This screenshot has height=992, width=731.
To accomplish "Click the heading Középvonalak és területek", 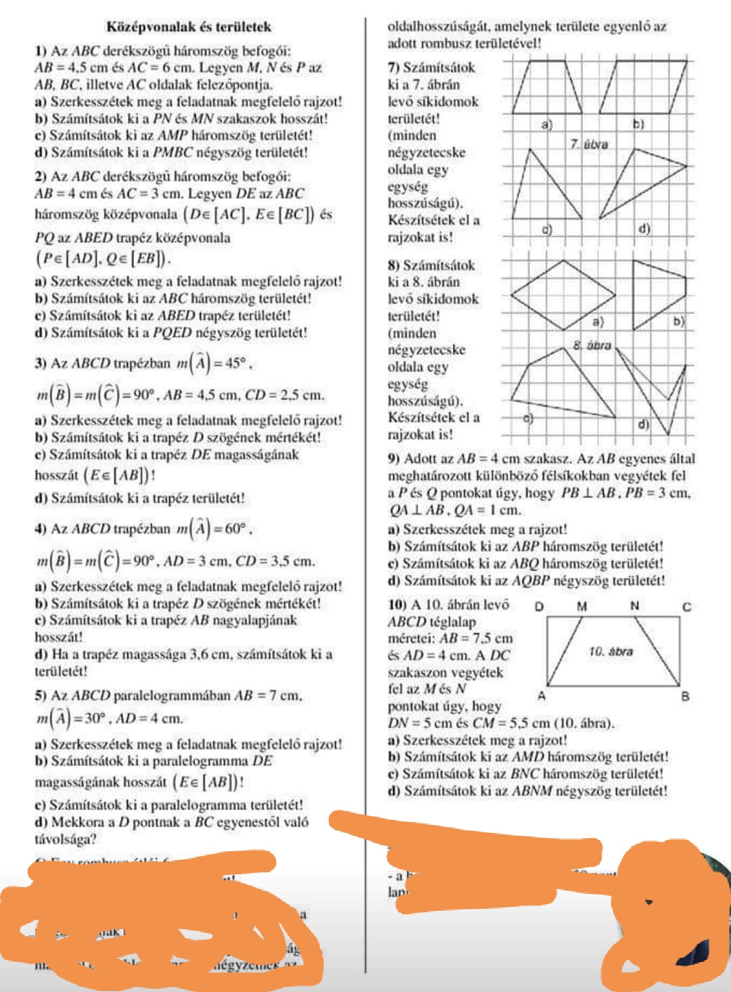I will click(189, 27).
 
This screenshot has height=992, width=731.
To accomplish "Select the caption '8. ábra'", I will click(592, 345).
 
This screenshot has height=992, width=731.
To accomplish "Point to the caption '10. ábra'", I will click(610, 652).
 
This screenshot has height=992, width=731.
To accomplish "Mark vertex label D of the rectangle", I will click(539, 606).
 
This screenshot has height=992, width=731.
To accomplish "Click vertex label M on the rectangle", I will click(581, 606).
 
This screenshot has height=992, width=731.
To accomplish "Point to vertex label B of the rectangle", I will click(685, 696).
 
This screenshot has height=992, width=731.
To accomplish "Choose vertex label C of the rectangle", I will click(686, 606).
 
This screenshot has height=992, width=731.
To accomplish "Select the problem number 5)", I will click(41, 696).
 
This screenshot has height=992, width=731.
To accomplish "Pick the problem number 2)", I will click(41, 177).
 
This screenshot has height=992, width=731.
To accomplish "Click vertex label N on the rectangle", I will click(634, 606).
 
